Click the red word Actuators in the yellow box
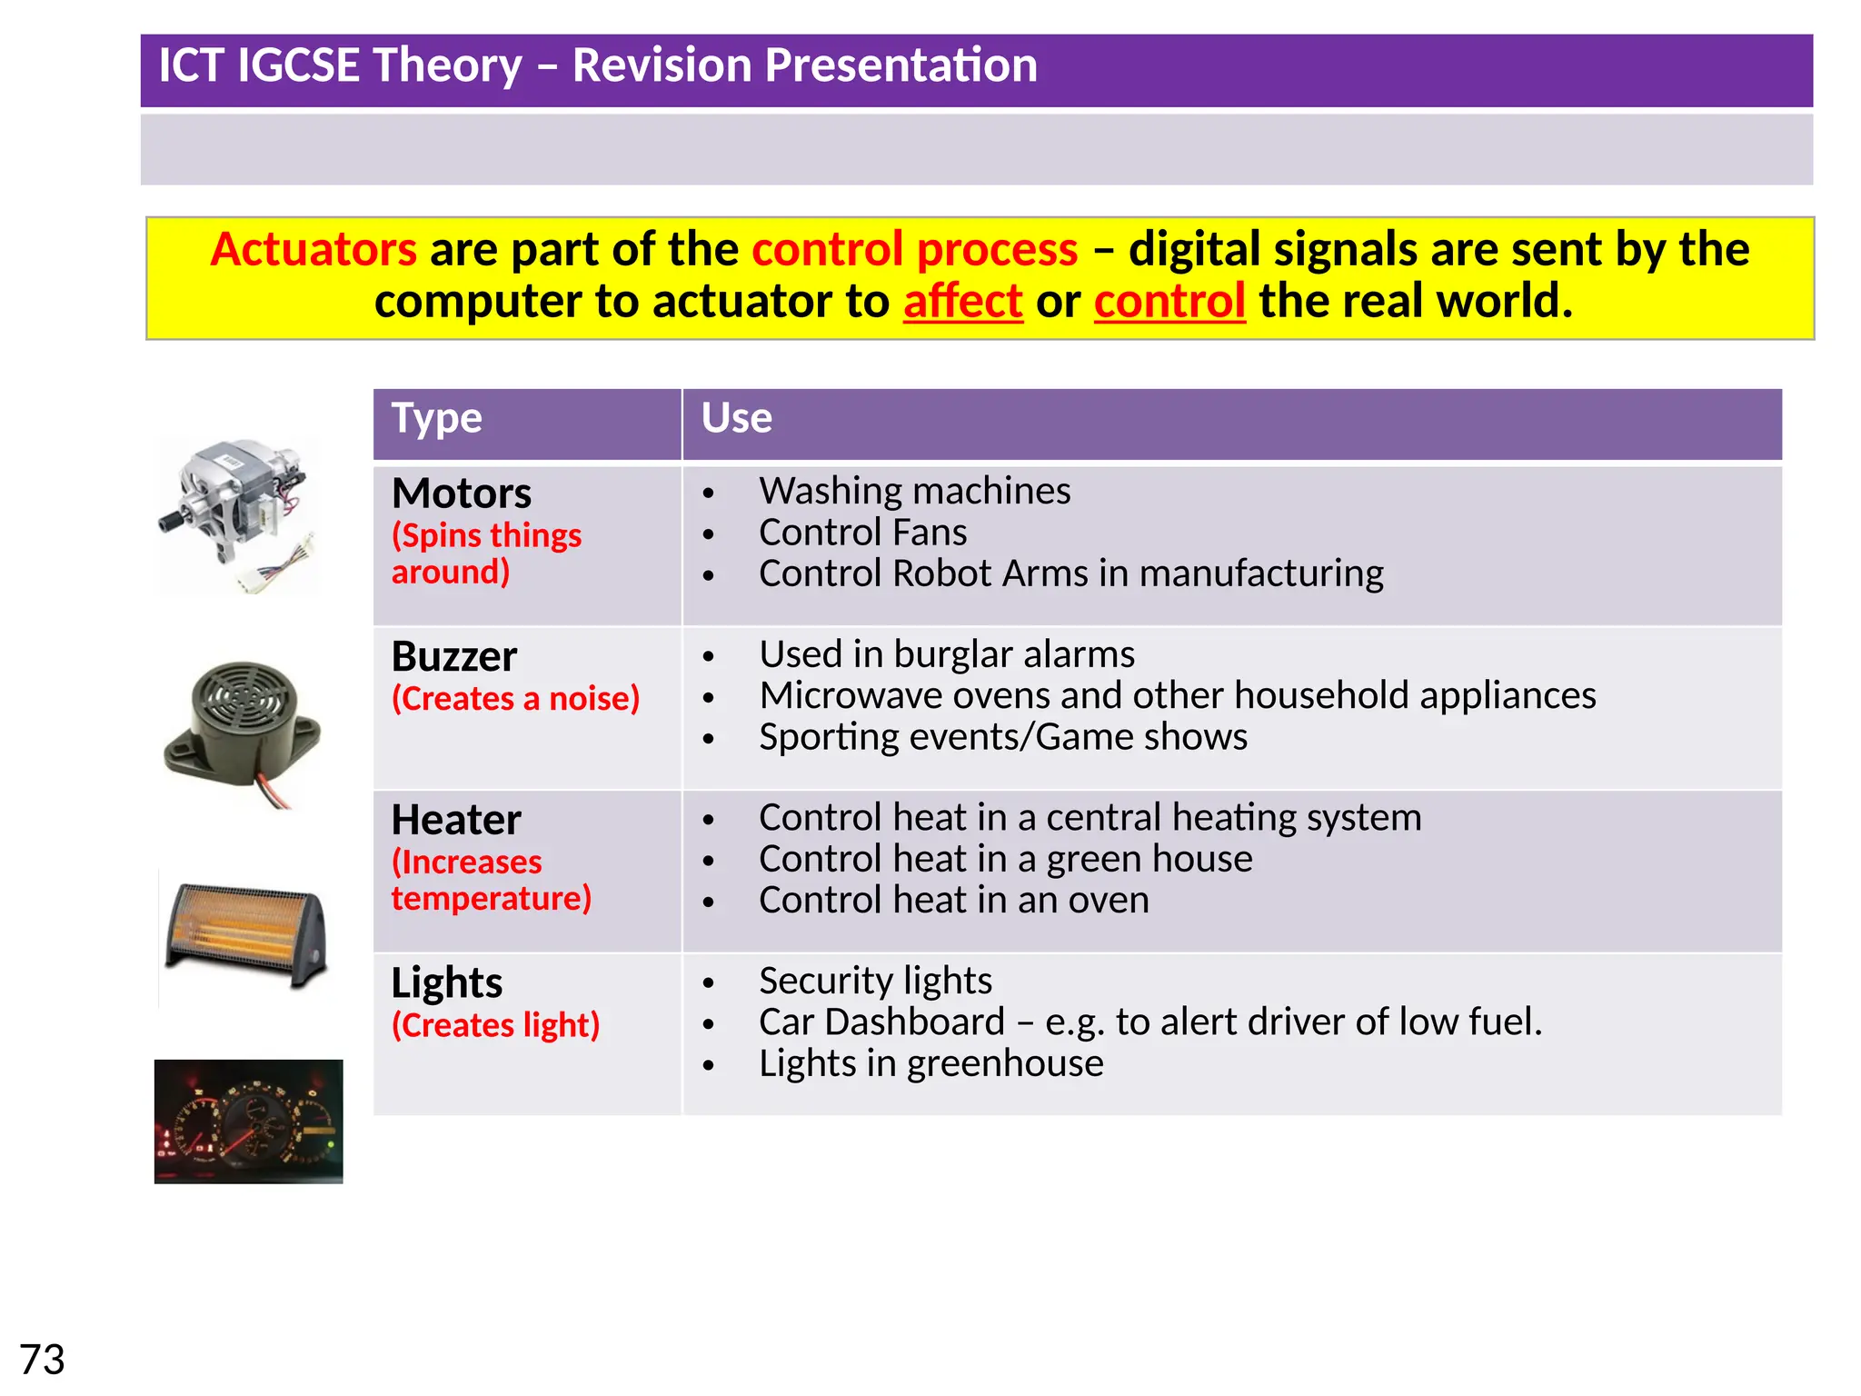click(313, 250)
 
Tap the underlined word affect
click(962, 302)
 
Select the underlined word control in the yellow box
click(1169, 302)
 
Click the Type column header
click(437, 419)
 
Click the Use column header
click(736, 419)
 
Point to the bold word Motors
click(462, 494)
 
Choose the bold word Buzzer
click(454, 657)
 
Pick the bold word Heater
click(456, 821)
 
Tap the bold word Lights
click(447, 983)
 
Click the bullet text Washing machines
click(914, 492)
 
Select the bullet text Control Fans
click(862, 533)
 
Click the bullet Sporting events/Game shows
click(1002, 737)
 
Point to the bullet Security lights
click(875, 982)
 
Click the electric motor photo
click(240, 514)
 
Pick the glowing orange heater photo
click(245, 936)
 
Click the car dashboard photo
click(248, 1122)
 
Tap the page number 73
click(42, 1361)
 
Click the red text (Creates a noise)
click(515, 699)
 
